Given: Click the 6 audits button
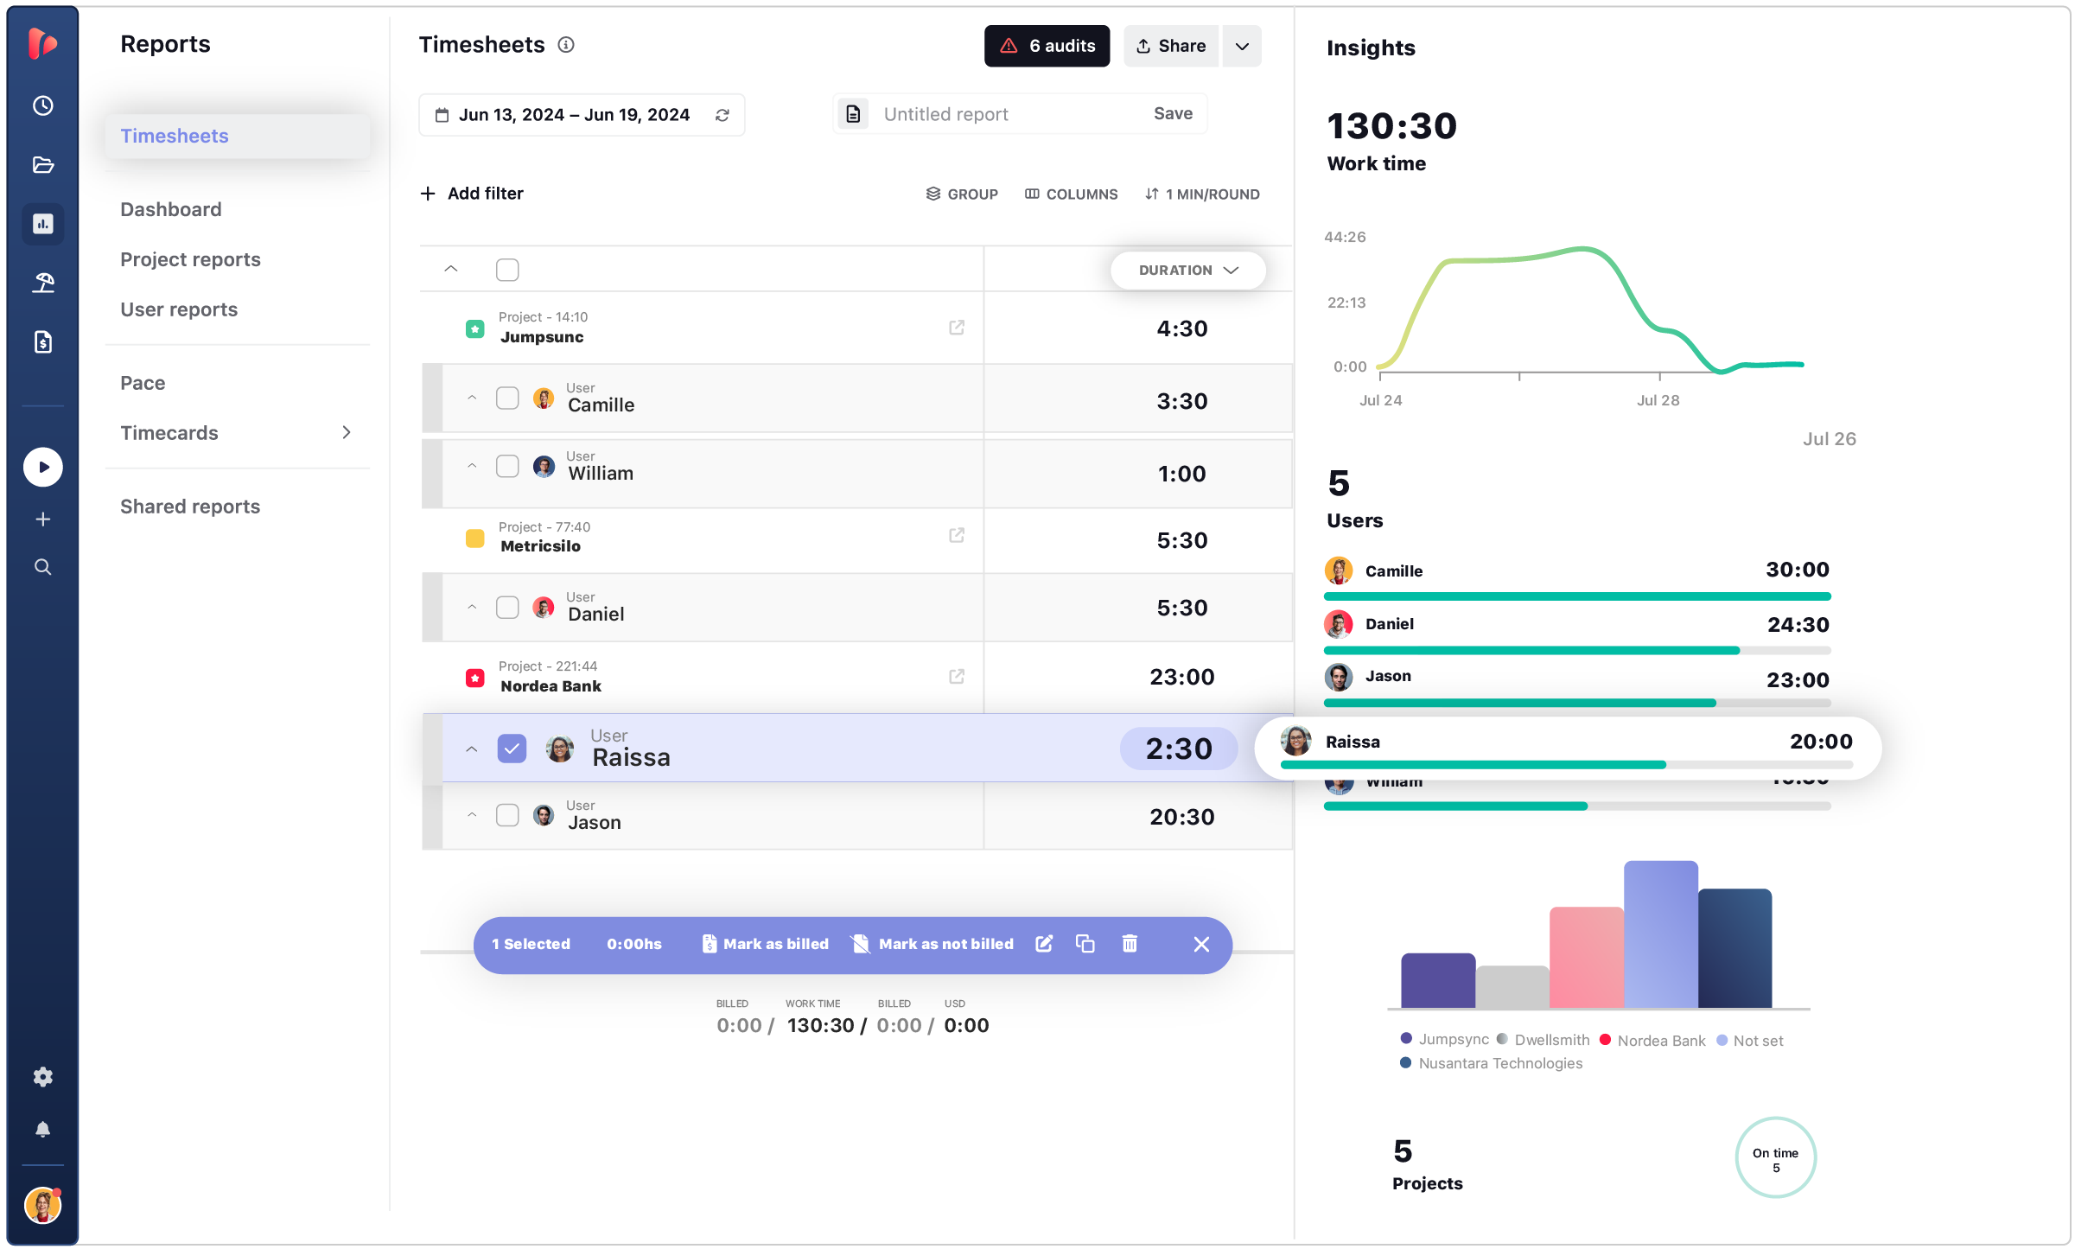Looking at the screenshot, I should [x=1046, y=46].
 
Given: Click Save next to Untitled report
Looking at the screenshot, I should [x=1172, y=114].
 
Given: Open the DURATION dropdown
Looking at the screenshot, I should [x=1187, y=271].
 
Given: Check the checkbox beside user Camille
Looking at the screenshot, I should [x=507, y=398].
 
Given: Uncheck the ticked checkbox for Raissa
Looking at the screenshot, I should [x=512, y=749].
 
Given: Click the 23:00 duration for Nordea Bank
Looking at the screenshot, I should [x=1181, y=677].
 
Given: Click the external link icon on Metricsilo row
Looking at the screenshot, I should [x=956, y=536].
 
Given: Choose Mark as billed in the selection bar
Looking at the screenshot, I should [x=765, y=945].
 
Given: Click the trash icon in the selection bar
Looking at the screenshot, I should [x=1129, y=944].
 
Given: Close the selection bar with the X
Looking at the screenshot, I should [x=1200, y=945].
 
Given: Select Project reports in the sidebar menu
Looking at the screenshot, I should [x=190, y=259].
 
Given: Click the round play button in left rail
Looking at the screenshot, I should [x=42, y=468].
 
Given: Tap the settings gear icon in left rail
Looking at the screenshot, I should [x=42, y=1077].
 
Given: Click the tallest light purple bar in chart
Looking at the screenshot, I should [x=1659, y=934].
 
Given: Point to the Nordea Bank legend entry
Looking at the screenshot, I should [x=1660, y=1041].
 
